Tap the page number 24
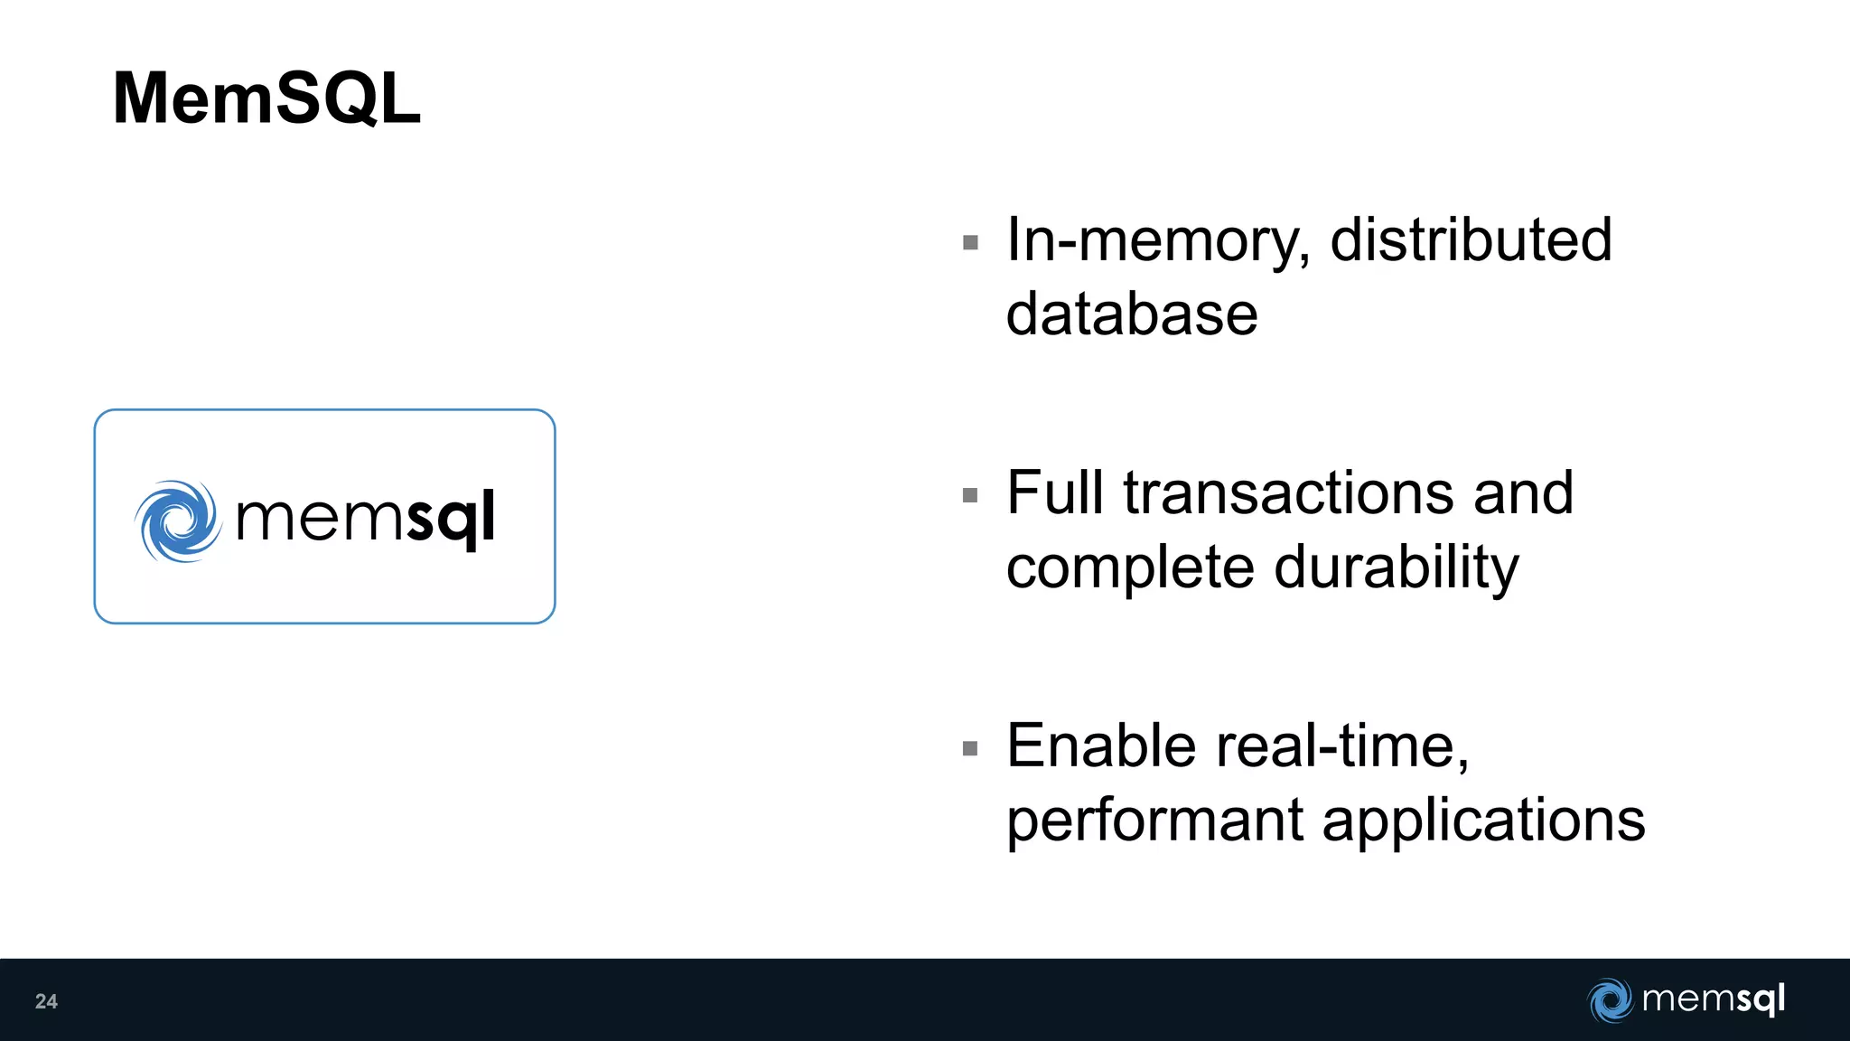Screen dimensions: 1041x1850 (46, 1001)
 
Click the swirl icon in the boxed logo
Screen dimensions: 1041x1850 (178, 520)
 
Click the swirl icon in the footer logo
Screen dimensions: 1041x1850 (1610, 1000)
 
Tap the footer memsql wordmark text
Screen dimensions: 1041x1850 (1713, 999)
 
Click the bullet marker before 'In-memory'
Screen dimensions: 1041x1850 (971, 242)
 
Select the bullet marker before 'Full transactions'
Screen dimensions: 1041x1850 (971, 495)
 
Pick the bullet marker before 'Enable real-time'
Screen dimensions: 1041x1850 (971, 748)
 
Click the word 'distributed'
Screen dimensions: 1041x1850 (1471, 240)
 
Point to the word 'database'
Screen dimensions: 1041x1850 (1132, 314)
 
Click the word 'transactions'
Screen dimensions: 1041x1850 (1289, 493)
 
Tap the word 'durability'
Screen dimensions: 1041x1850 (1397, 569)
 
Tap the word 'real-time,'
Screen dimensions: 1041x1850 (1343, 748)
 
